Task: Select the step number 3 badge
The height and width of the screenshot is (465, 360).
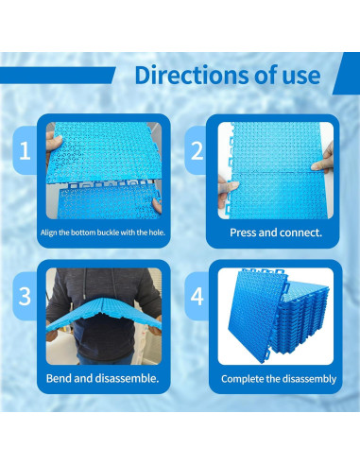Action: [x=22, y=294]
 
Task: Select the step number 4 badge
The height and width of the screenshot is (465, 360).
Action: [x=197, y=294]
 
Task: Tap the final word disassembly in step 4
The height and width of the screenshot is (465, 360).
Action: [x=306, y=379]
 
